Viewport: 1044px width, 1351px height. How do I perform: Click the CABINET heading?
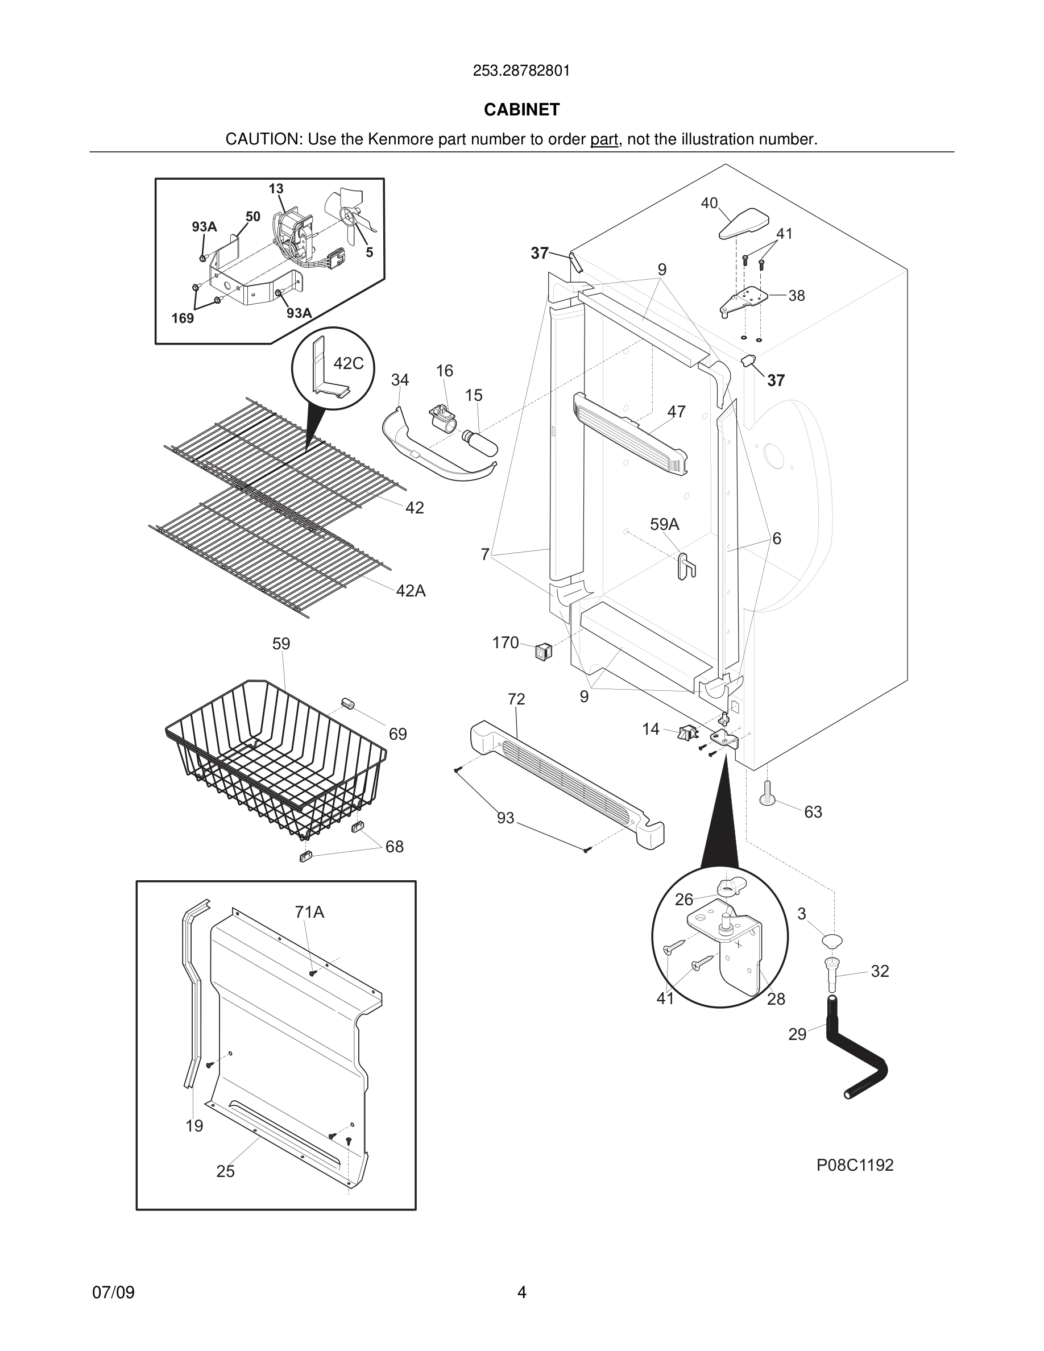(521, 110)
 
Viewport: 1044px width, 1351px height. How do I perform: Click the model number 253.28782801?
(521, 71)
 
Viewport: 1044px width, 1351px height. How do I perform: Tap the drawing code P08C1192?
(855, 1166)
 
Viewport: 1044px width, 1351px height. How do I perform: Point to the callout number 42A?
(411, 591)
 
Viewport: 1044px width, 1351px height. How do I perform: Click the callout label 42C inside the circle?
(348, 364)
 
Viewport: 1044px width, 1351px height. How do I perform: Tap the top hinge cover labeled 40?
(743, 224)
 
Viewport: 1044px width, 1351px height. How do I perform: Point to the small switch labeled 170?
(543, 650)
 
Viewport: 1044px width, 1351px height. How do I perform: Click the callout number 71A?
(309, 913)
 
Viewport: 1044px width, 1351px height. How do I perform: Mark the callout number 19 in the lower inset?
(194, 1126)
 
